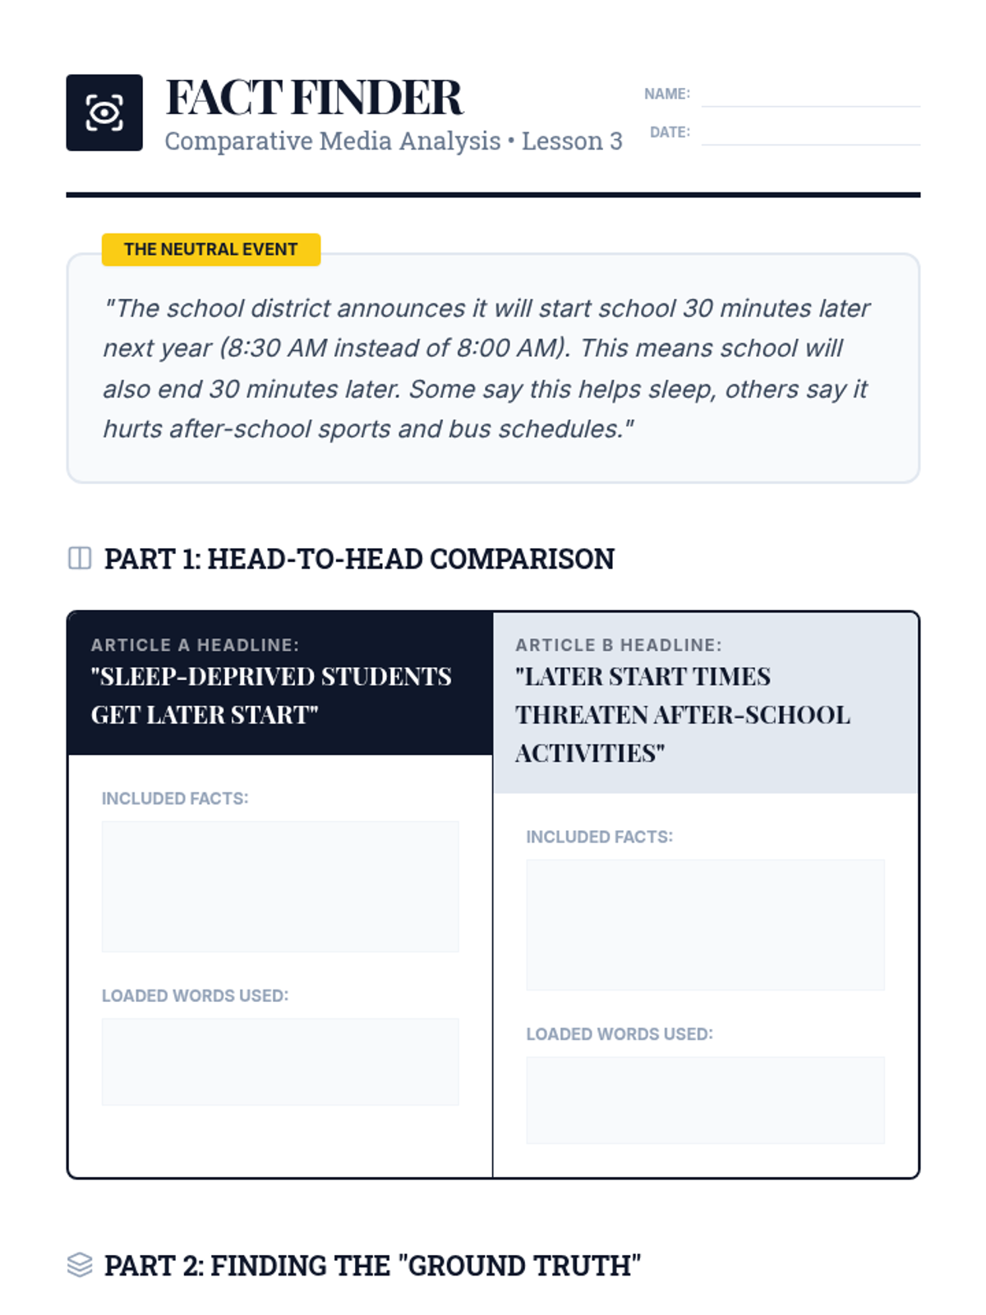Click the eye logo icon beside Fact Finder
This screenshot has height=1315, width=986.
104,113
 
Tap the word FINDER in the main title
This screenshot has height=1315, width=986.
377,98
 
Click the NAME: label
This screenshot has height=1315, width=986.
666,94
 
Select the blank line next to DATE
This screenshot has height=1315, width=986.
810,136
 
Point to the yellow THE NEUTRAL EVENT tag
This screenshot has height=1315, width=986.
210,249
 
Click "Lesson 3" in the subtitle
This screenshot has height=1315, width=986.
572,141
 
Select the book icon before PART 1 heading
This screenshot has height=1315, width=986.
80,558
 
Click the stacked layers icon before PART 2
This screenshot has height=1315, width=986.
80,1265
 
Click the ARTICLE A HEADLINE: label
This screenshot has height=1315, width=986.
195,645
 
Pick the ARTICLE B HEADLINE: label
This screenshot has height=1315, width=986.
619,645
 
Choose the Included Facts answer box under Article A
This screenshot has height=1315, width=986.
280,886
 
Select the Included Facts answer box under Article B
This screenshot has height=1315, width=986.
705,925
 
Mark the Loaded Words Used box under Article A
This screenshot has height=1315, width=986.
280,1062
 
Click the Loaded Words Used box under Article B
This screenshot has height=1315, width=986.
705,1100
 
